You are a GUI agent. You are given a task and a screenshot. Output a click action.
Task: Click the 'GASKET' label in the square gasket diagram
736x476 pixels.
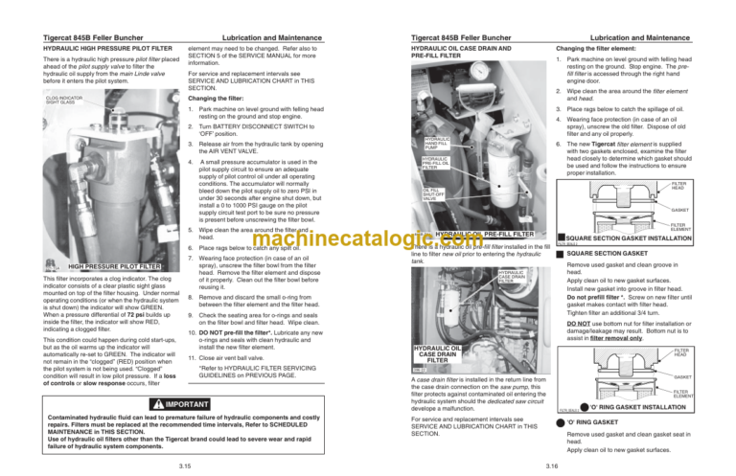pyautogui.click(x=706, y=210)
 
